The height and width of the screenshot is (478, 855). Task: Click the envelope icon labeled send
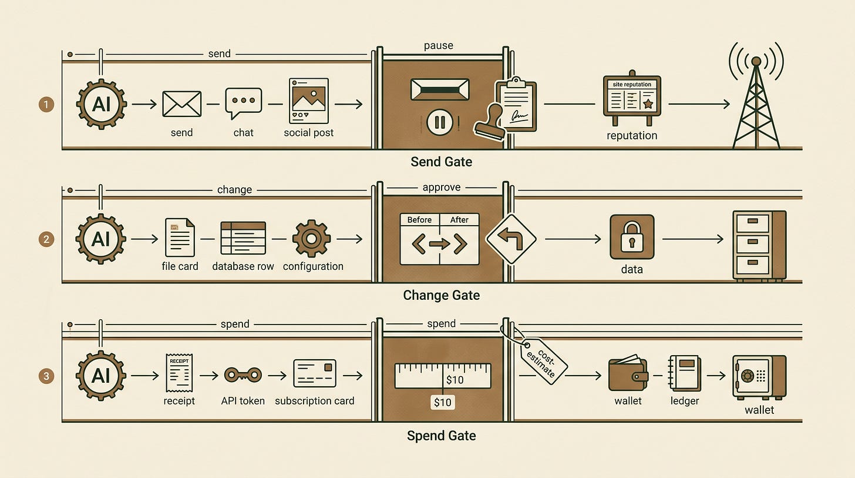[x=181, y=103]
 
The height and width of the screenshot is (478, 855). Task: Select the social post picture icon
[x=309, y=101]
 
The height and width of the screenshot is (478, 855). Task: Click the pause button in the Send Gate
[x=440, y=122]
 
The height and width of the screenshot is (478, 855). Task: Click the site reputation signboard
[x=632, y=98]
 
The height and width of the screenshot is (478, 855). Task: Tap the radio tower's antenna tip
[x=756, y=61]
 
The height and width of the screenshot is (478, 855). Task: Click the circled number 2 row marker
[x=46, y=239]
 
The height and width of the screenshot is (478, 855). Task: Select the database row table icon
[x=243, y=238]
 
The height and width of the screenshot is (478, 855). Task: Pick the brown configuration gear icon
[x=311, y=239]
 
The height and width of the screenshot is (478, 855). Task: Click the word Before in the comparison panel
[x=419, y=220]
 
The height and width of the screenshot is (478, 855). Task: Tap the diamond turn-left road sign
[x=511, y=239]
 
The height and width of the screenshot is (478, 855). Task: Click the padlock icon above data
[x=632, y=237]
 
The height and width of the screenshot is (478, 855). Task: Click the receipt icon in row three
[x=179, y=373]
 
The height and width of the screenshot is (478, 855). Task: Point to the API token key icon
[x=243, y=375]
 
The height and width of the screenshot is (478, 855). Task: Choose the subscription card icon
[x=315, y=373]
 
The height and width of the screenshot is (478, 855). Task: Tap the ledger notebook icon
[x=684, y=373]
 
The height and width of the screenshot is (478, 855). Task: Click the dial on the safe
[x=747, y=376]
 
